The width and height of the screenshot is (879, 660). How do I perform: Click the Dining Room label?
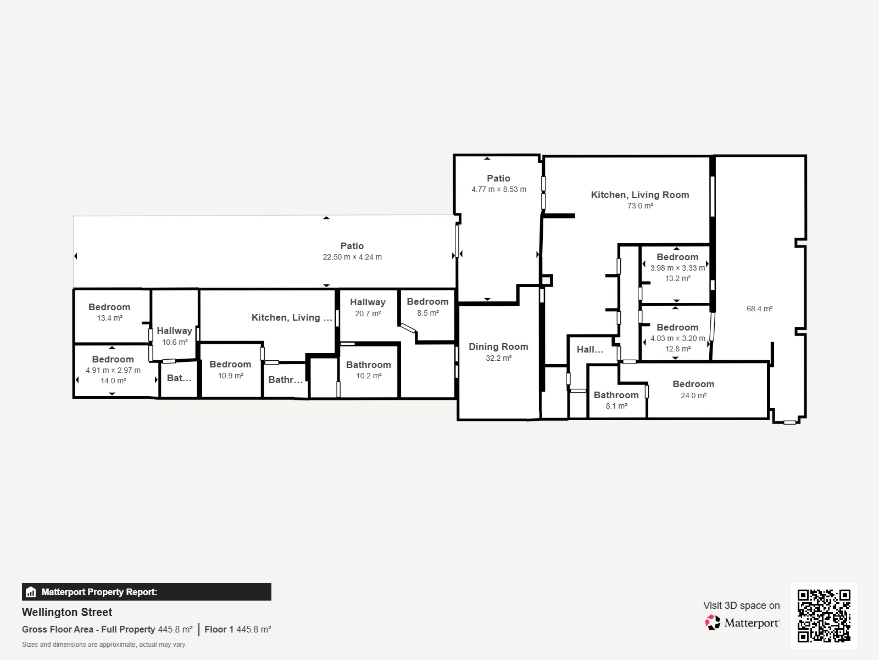pyautogui.click(x=498, y=346)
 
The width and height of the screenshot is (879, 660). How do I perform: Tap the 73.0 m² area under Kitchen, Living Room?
pyautogui.click(x=640, y=206)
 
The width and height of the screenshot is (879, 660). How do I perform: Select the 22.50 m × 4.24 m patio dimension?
pyautogui.click(x=352, y=257)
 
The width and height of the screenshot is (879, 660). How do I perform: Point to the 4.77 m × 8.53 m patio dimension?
pyautogui.click(x=499, y=189)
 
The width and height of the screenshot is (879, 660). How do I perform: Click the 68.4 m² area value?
pyautogui.click(x=759, y=309)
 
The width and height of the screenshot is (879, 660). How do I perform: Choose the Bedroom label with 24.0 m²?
pyautogui.click(x=693, y=384)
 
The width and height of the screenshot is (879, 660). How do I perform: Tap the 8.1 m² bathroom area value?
pyautogui.click(x=616, y=406)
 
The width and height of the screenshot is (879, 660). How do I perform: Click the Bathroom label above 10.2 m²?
pyautogui.click(x=369, y=365)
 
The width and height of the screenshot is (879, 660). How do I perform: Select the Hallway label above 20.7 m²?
pyautogui.click(x=368, y=302)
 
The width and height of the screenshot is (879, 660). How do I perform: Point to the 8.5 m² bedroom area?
pyautogui.click(x=427, y=313)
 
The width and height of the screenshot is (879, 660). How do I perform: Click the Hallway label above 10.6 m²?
pyautogui.click(x=174, y=331)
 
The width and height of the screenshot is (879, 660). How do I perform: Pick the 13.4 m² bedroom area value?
pyautogui.click(x=109, y=318)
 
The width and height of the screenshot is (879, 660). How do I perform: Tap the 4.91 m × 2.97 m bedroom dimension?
pyautogui.click(x=113, y=370)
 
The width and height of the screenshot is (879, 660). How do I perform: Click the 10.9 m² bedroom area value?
pyautogui.click(x=230, y=376)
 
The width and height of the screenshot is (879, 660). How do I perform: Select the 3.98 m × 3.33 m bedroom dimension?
pyautogui.click(x=677, y=268)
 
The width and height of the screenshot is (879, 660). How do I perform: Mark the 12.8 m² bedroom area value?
pyautogui.click(x=677, y=349)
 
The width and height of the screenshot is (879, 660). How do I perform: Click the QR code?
pyautogui.click(x=824, y=615)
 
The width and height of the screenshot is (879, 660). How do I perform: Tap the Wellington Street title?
pyautogui.click(x=67, y=612)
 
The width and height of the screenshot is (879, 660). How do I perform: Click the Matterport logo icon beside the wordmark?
pyautogui.click(x=713, y=623)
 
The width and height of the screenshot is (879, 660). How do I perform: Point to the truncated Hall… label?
pyautogui.click(x=590, y=349)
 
